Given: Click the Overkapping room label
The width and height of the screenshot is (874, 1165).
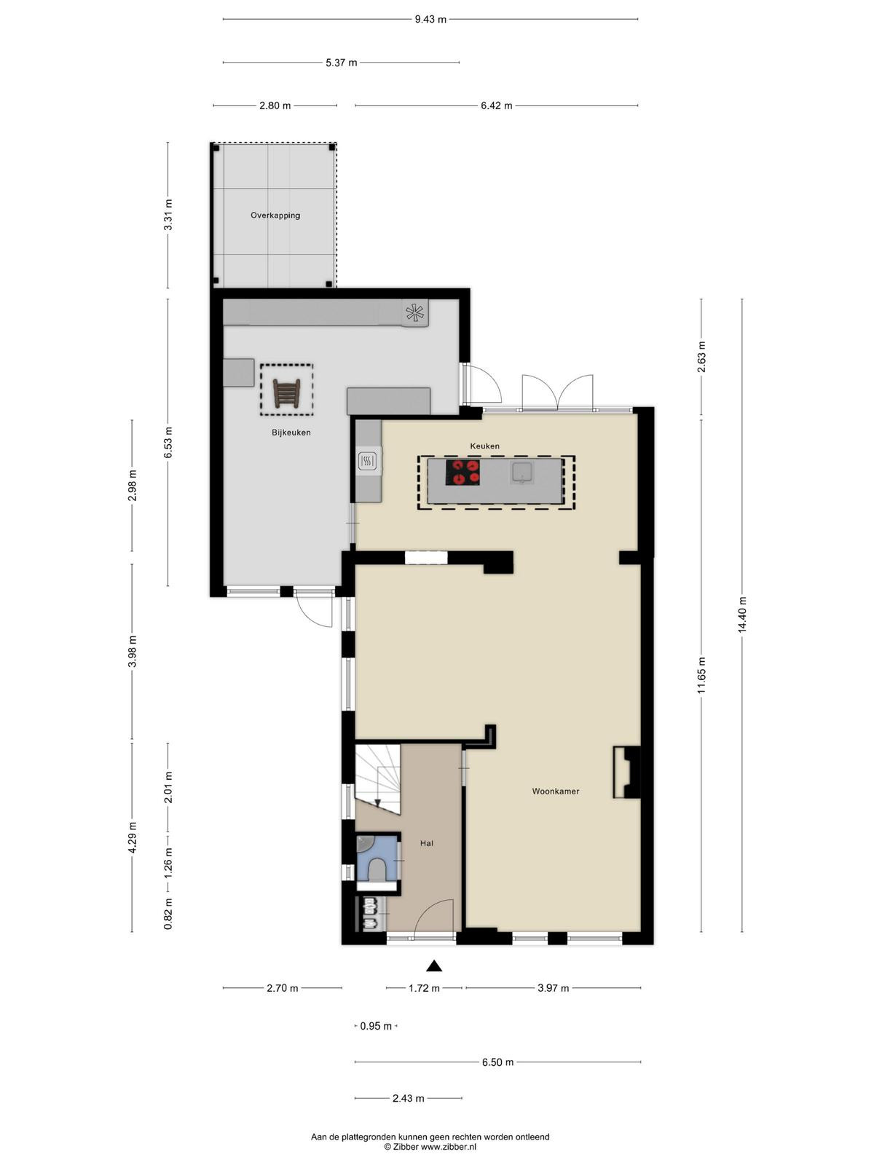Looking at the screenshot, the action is click(x=275, y=216).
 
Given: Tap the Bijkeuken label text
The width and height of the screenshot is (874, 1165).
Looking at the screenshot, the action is click(x=291, y=433).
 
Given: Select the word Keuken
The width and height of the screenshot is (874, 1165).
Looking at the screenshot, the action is click(x=484, y=446).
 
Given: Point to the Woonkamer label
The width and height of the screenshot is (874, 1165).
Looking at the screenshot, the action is click(x=556, y=791).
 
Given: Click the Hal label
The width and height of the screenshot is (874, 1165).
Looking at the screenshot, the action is click(x=427, y=843).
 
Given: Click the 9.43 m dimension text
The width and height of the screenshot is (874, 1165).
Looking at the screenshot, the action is click(x=430, y=20).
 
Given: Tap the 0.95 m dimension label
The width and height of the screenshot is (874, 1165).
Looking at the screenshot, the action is click(x=376, y=1026).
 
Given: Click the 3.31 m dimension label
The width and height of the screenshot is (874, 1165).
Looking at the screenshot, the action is click(x=168, y=215).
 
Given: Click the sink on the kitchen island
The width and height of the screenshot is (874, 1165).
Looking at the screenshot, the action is click(x=522, y=473).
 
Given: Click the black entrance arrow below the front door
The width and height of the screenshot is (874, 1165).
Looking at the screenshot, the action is click(x=434, y=966).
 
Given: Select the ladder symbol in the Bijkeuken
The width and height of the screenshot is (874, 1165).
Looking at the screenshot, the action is click(x=286, y=393).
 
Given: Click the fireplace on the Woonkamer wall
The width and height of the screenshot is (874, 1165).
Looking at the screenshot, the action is click(x=626, y=773).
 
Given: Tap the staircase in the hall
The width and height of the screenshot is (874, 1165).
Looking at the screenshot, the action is click(x=377, y=779).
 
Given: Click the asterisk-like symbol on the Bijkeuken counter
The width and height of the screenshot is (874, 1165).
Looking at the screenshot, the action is click(x=415, y=312).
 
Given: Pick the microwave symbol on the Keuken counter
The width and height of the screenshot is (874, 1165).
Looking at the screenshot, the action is click(x=368, y=461).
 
